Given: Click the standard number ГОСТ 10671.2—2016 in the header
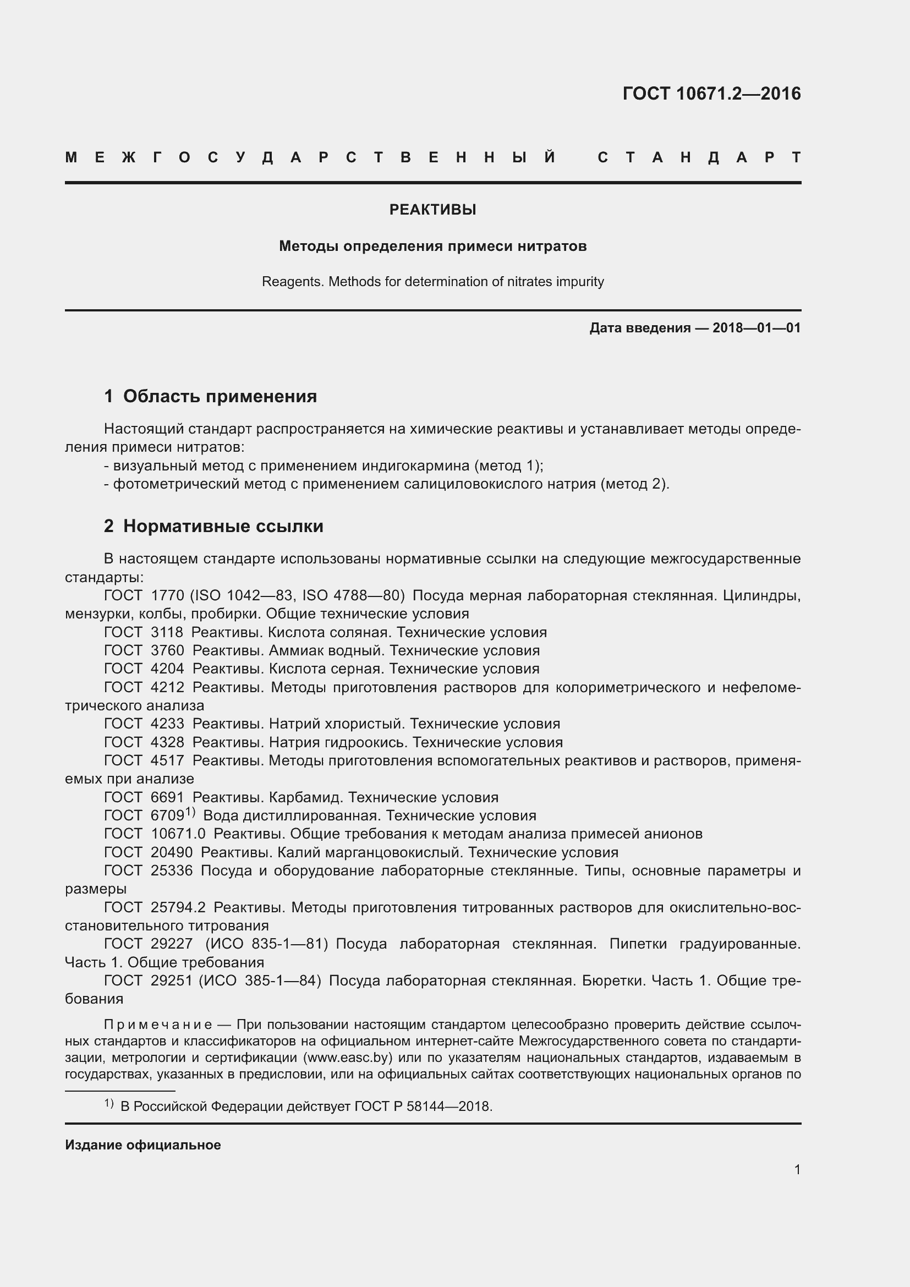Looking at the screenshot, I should coord(711,94).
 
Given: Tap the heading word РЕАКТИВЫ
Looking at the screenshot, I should coord(432,210).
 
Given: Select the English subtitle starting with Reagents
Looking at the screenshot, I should coord(432,281).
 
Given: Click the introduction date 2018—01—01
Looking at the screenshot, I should coord(756,328).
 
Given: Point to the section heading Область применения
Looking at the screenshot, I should coord(220,396).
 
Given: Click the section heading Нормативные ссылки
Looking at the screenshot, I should coord(223,526).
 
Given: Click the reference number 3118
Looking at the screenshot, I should coord(167,632).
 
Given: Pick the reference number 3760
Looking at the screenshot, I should coord(167,650).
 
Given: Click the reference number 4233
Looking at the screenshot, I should coord(167,724).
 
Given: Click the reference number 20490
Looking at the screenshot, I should coord(172,852).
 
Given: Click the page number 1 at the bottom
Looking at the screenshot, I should coord(797,1169).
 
